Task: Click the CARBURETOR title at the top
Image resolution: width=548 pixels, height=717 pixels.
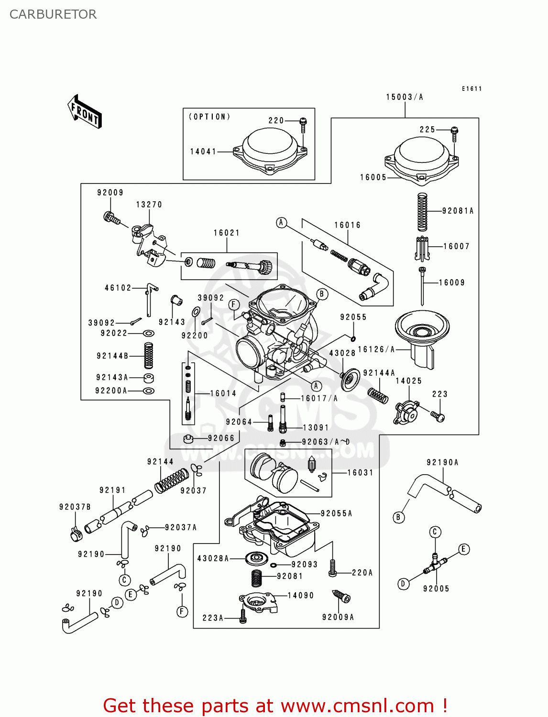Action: coord(53,14)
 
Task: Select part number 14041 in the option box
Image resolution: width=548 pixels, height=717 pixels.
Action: coord(203,152)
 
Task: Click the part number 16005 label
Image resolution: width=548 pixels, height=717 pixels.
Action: coord(373,177)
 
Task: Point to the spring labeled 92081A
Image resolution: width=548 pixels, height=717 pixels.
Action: coord(422,212)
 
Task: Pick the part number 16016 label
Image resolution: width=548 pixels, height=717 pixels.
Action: coord(347,225)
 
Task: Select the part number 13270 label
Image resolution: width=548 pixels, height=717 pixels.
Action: coord(149,205)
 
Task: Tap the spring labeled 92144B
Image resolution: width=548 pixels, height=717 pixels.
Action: coord(149,356)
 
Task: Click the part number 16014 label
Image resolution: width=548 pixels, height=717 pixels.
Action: coord(223,393)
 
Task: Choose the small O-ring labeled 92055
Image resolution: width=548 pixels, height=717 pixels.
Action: coord(353,339)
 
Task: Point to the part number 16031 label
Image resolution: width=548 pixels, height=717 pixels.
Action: coord(360,473)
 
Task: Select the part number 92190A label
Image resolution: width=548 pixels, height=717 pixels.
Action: coord(442,462)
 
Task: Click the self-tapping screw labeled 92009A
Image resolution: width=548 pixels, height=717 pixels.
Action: coord(342,597)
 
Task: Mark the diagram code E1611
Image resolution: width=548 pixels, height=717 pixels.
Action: coord(471,89)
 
